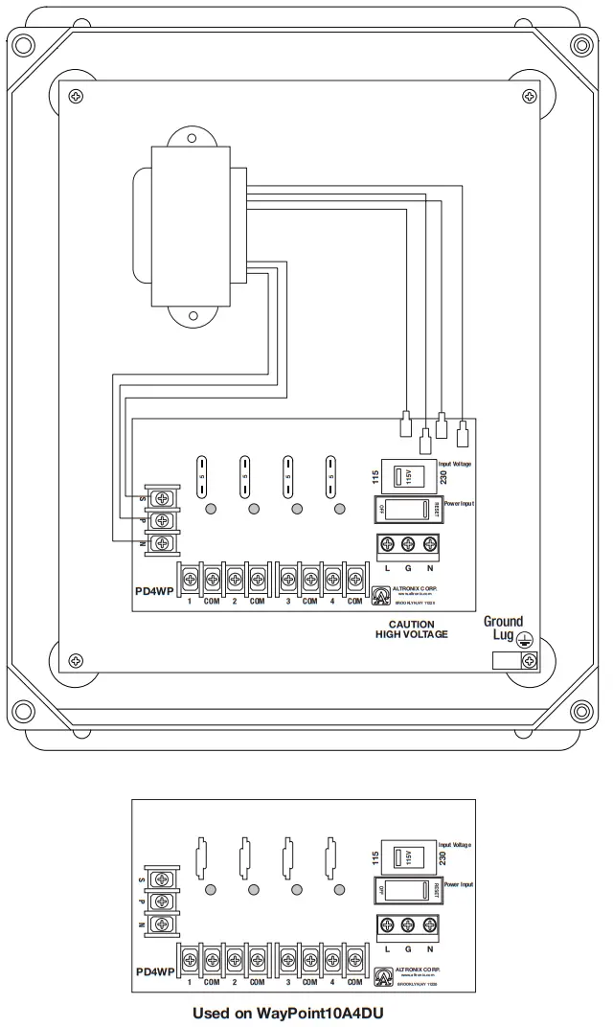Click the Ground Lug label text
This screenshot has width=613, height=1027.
coord(503,628)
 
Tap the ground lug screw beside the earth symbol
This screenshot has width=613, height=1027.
coord(528,660)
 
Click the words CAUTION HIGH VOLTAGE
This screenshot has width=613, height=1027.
coord(412,628)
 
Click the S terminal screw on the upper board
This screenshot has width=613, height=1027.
coord(164,498)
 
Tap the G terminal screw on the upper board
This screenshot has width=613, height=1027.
coord(408,544)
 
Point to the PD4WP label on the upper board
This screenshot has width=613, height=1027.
coord(153,591)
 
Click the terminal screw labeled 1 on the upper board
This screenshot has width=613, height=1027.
coord(191,579)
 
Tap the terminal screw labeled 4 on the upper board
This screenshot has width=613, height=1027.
coord(332,579)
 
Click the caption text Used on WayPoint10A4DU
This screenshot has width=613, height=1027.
coord(293,1012)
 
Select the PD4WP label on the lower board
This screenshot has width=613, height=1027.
coord(153,970)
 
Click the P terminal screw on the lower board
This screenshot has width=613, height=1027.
coord(164,901)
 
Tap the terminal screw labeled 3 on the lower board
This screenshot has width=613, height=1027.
coord(287,958)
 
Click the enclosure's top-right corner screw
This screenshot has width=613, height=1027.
coord(578,45)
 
